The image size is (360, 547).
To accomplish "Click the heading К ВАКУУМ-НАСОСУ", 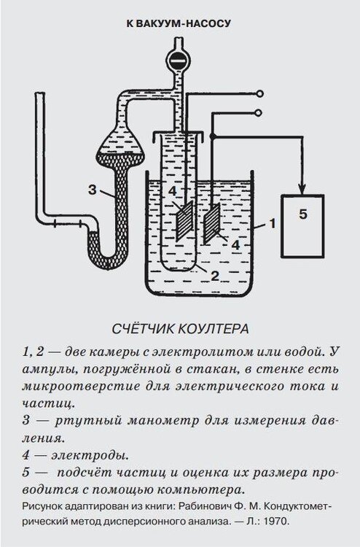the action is (178, 24).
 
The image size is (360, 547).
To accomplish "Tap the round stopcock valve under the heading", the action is (178, 61).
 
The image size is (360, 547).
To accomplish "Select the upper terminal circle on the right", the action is (259, 94).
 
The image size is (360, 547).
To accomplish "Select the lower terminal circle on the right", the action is (259, 112).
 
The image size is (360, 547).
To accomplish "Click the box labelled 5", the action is (303, 225).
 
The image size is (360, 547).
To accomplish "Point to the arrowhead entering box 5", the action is (303, 189).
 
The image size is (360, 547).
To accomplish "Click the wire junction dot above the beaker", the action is (213, 136).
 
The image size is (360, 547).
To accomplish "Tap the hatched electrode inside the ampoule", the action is (184, 222).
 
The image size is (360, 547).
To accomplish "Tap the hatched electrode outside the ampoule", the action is (211, 224).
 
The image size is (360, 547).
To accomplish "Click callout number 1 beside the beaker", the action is (272, 223).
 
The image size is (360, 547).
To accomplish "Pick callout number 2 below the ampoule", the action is (215, 276).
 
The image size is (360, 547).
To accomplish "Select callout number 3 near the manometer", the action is (92, 190).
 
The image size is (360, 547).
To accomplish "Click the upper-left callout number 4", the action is (173, 192).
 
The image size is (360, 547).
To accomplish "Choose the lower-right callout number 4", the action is (236, 245).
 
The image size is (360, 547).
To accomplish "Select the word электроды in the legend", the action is (90, 456).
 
